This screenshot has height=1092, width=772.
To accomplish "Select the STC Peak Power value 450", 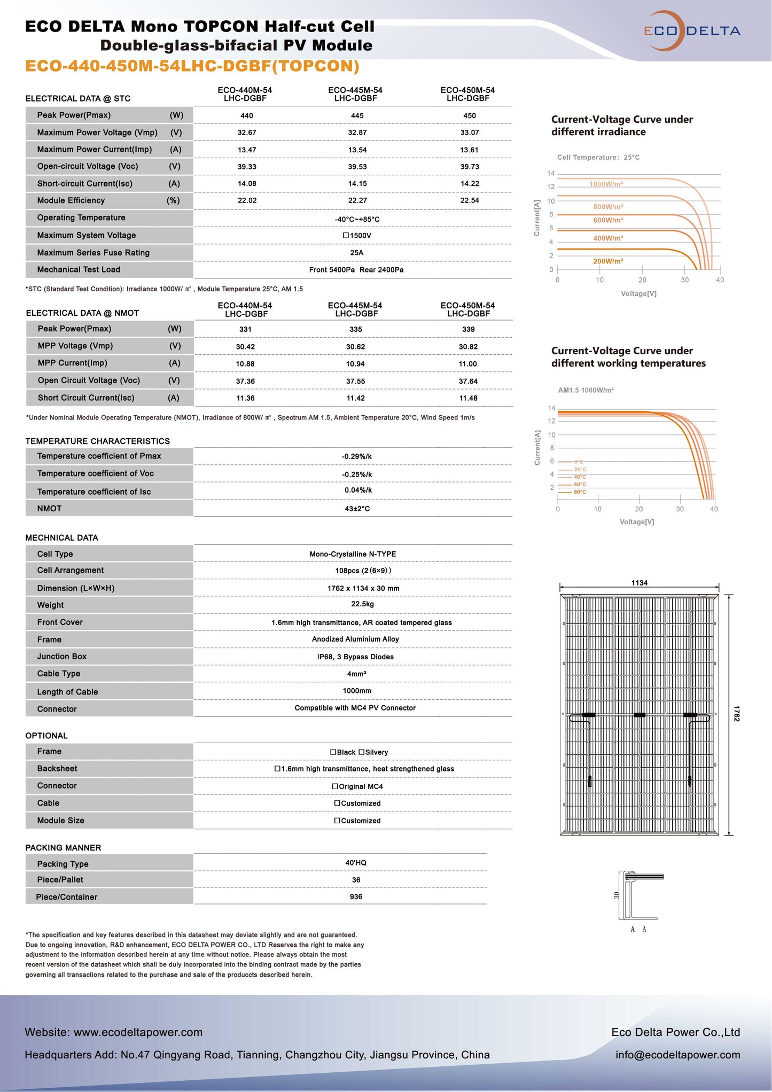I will pyautogui.click(x=469, y=115).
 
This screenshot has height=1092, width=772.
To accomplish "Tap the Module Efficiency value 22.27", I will pyautogui.click(x=357, y=200).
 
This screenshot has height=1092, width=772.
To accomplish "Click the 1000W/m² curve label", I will pyautogui.click(x=606, y=184).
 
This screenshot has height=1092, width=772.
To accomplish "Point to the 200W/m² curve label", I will pyautogui.click(x=608, y=261).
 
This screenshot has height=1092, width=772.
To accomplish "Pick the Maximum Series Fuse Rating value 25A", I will pyautogui.click(x=356, y=253).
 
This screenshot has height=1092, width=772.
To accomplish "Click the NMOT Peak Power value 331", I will pyautogui.click(x=245, y=329).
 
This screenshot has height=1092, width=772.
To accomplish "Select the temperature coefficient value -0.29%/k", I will pyautogui.click(x=356, y=456).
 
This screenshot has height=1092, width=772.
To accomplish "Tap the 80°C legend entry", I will pyautogui.click(x=580, y=492).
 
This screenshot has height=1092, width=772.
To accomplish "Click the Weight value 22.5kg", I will pyautogui.click(x=362, y=604).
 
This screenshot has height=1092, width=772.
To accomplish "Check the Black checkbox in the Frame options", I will pyautogui.click(x=333, y=752).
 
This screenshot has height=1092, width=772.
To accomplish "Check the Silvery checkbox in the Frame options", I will pyautogui.click(x=362, y=752).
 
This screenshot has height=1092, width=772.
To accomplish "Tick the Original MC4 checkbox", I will pyautogui.click(x=336, y=786).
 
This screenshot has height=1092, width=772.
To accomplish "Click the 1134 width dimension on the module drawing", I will pyautogui.click(x=639, y=583).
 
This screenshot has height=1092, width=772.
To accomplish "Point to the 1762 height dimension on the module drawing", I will pyautogui.click(x=737, y=714).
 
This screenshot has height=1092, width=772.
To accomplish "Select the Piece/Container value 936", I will pyautogui.click(x=356, y=897).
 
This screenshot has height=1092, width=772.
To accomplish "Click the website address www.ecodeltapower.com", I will pyautogui.click(x=138, y=1032).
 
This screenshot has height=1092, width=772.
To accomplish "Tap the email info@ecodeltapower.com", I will pyautogui.click(x=677, y=1055).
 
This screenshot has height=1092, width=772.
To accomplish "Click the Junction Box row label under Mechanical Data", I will pyautogui.click(x=62, y=657).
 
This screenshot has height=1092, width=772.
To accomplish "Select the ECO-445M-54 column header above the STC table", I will pyautogui.click(x=355, y=94).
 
